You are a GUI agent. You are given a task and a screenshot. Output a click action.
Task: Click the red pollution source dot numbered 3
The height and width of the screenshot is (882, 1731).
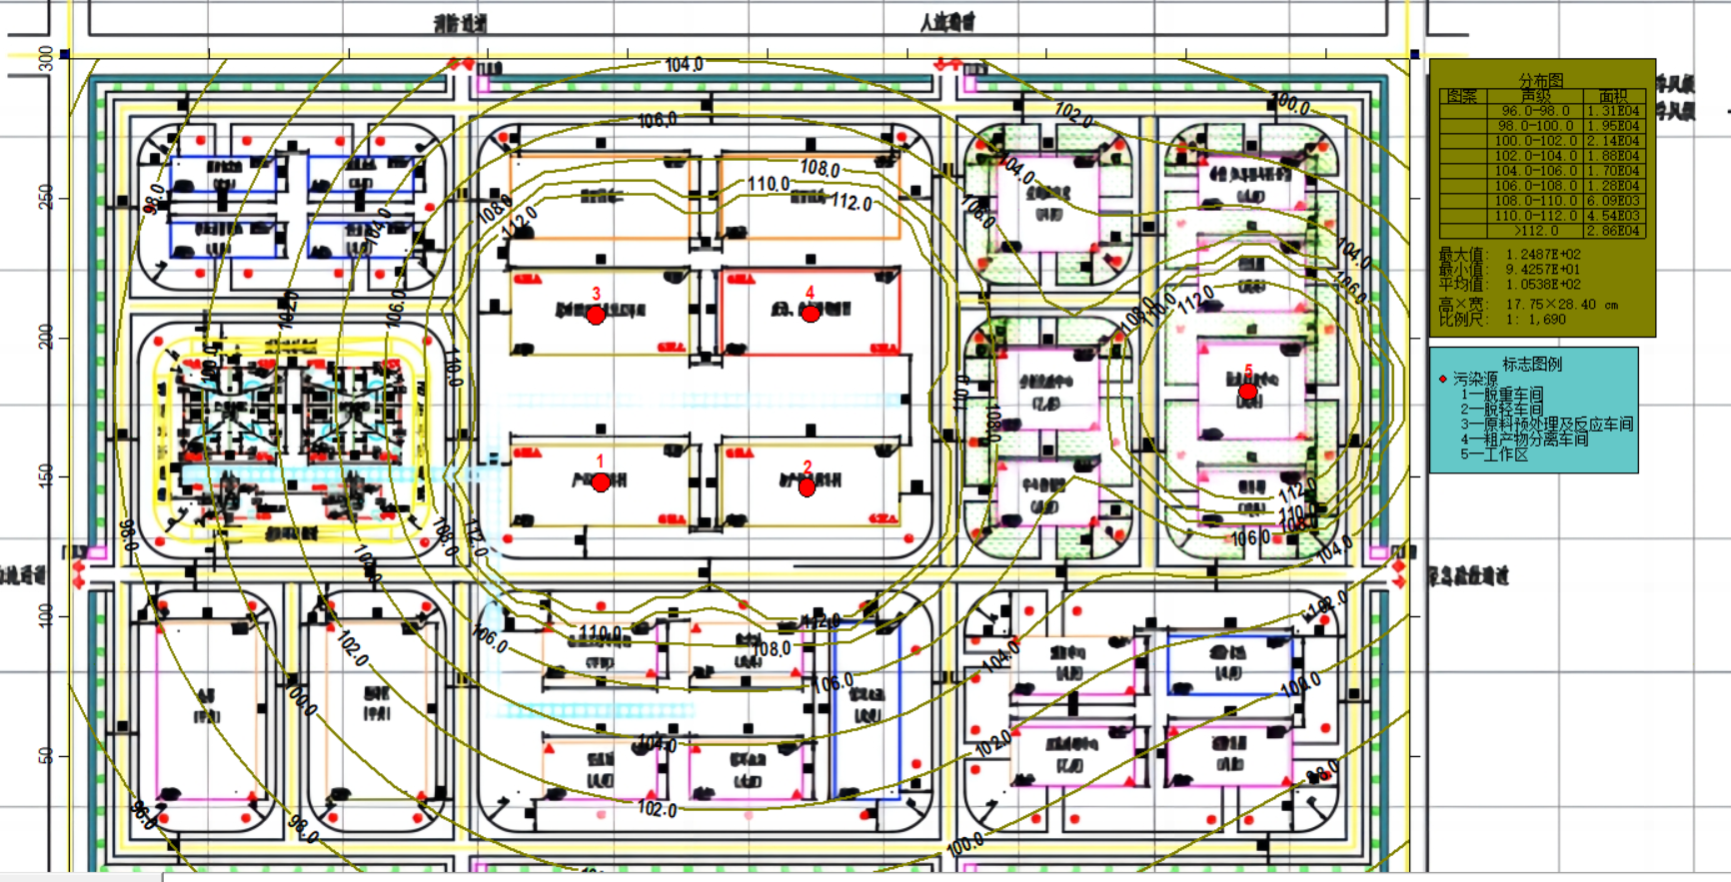click(x=596, y=316)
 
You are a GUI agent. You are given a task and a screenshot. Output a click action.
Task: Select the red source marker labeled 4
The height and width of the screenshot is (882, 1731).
click(x=811, y=314)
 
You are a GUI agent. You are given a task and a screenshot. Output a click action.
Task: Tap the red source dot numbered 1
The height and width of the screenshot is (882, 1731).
click(x=601, y=482)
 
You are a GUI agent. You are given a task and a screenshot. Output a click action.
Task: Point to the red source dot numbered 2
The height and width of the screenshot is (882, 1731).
click(x=808, y=487)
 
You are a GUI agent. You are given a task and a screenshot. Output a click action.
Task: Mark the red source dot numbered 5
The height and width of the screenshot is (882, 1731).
click(x=1247, y=391)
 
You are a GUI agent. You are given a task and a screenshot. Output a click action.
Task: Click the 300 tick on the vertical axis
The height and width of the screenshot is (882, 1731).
click(x=46, y=58)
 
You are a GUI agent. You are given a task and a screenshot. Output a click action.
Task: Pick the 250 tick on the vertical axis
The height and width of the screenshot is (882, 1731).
click(x=46, y=197)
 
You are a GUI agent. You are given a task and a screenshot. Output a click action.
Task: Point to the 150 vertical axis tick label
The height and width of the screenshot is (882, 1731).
click(x=46, y=474)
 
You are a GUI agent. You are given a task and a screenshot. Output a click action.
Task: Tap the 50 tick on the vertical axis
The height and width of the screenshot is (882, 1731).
click(x=46, y=754)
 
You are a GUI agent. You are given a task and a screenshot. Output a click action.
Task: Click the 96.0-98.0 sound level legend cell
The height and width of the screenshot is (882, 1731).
click(x=1535, y=111)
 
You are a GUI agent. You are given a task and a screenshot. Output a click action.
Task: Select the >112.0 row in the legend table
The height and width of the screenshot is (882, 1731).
click(x=1535, y=231)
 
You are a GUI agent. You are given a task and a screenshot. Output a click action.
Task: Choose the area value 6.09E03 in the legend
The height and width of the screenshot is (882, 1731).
click(x=1612, y=201)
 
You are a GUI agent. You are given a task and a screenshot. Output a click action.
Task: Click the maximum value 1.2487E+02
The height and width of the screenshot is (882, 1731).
click(x=1543, y=255)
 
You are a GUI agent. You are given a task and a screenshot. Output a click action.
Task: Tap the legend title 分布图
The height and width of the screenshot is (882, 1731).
click(x=1540, y=80)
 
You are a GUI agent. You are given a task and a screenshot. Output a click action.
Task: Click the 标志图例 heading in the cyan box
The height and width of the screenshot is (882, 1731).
click(x=1531, y=365)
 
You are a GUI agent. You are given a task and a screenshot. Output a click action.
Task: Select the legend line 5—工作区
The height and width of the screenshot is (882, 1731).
click(x=1494, y=454)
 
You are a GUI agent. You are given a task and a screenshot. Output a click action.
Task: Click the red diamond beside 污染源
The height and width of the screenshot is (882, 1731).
click(x=1442, y=380)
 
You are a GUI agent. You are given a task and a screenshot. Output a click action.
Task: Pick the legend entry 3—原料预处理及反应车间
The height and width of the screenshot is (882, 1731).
click(x=1546, y=425)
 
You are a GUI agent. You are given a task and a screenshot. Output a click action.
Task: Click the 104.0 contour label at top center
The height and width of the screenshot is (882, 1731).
click(x=684, y=65)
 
